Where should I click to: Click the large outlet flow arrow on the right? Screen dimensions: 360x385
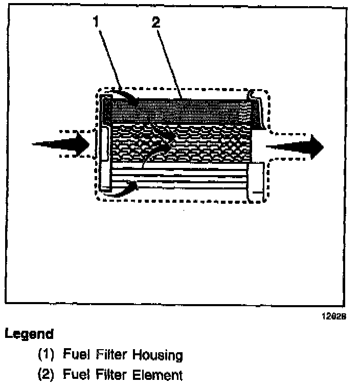[297, 146]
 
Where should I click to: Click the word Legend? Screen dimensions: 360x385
[29, 334]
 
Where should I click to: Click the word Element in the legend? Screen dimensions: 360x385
[155, 375]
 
